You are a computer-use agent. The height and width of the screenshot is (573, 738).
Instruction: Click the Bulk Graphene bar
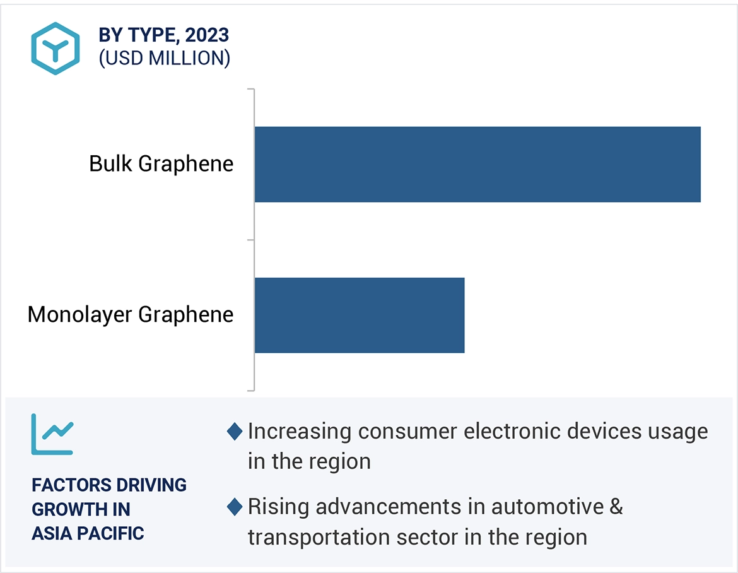click(x=477, y=164)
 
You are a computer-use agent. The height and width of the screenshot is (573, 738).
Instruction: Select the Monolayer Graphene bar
click(x=360, y=315)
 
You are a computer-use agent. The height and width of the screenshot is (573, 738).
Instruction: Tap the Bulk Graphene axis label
click(x=161, y=164)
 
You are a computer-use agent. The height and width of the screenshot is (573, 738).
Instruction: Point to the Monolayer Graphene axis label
click(x=131, y=314)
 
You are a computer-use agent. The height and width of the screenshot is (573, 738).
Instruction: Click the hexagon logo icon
click(x=56, y=49)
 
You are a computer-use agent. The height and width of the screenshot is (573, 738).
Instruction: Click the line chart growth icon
click(x=52, y=434)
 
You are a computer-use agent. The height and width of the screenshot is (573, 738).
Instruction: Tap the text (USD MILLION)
click(x=165, y=58)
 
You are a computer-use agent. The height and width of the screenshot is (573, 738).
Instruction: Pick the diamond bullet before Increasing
click(x=235, y=432)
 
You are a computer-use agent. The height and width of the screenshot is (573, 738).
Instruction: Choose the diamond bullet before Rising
click(x=235, y=506)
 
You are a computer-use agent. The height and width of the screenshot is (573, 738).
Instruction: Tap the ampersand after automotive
click(x=616, y=506)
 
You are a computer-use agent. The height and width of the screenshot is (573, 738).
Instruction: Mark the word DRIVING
click(x=152, y=485)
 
